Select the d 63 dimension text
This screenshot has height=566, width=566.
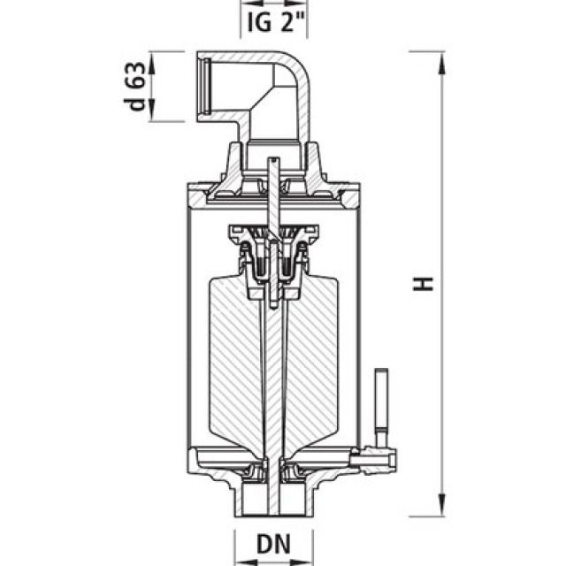135,86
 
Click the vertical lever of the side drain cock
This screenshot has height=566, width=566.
381,398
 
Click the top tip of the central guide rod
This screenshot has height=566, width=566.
274,160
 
